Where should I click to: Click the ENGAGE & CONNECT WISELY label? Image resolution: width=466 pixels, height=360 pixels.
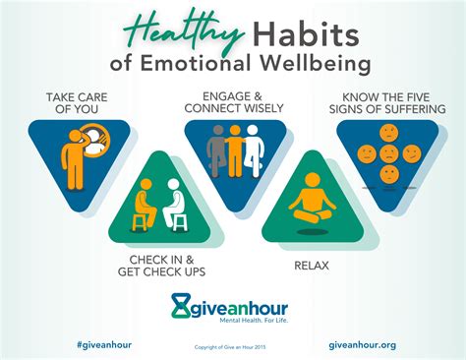235,104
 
